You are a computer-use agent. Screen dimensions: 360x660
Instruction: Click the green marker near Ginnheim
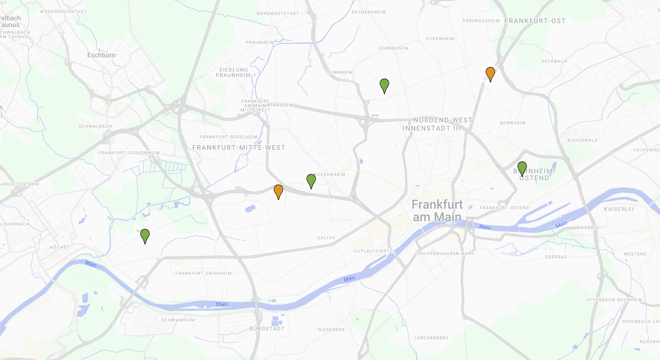point(384,85)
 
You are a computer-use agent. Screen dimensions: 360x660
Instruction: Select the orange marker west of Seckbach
point(490,74)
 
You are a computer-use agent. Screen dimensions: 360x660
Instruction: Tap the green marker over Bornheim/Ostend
point(522,168)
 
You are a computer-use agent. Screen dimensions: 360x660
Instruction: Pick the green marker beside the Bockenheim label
point(311,181)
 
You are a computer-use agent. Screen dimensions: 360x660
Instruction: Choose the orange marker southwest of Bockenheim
point(278,191)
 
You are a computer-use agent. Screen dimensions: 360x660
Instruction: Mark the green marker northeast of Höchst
point(145,236)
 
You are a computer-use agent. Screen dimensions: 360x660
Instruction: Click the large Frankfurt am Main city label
point(437,211)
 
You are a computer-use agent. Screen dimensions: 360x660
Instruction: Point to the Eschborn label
point(101,55)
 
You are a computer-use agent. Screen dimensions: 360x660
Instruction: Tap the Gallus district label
point(326,238)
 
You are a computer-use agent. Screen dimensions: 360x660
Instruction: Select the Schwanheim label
point(178,320)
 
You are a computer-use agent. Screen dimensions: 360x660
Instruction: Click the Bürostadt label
point(267,329)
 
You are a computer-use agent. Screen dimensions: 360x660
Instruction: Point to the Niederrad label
point(331,330)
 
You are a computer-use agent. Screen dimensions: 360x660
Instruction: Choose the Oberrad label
point(555,257)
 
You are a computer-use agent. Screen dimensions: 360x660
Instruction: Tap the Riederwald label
point(582,140)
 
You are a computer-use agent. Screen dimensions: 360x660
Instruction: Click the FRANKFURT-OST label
point(535,21)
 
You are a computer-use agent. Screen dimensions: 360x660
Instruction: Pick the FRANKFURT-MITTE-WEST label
point(238,147)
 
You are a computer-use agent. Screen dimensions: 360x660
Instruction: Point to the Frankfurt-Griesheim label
point(203,273)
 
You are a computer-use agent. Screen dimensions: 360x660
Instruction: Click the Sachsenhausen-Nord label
point(446,253)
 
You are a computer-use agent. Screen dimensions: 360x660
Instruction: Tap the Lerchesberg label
point(432,338)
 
